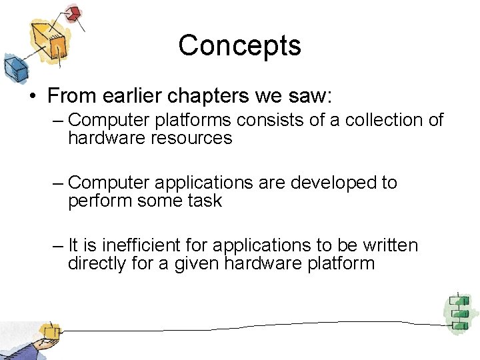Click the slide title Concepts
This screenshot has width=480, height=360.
pos(239,45)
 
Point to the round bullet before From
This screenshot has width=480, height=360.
pos(32,96)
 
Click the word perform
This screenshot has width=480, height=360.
pos(99,201)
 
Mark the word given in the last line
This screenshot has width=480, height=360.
pos(197,263)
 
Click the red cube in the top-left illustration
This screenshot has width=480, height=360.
pos(73,13)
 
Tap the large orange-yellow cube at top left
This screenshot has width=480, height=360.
pos(52,40)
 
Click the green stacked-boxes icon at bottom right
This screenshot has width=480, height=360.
pos(459,312)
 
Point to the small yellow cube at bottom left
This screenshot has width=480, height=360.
pos(49,331)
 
